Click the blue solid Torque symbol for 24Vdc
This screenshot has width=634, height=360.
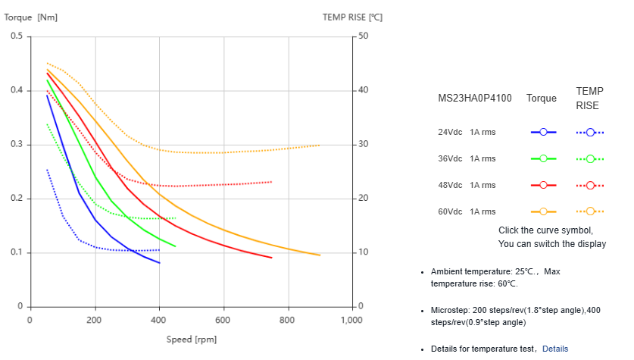(544, 132)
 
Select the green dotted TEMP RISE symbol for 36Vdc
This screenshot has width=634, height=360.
(590, 158)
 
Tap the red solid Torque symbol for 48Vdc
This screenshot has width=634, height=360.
(544, 185)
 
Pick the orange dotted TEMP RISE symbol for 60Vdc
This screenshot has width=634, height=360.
(590, 211)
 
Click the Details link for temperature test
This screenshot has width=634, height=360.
(554, 349)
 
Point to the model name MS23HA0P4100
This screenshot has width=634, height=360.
(475, 99)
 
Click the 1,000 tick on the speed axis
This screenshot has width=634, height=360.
(351, 321)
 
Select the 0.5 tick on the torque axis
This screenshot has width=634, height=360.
(16, 36)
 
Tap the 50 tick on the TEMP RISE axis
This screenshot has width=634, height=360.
(363, 36)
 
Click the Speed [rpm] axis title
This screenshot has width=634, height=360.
(192, 339)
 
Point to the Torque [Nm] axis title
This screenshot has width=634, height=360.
(31, 16)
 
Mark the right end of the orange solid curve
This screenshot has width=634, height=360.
(320, 255)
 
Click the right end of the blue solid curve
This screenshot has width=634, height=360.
(160, 263)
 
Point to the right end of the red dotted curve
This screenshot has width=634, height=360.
(272, 182)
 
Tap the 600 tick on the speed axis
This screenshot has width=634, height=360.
(223, 321)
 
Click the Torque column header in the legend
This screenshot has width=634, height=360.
(542, 99)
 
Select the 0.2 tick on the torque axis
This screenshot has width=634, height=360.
(16, 199)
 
